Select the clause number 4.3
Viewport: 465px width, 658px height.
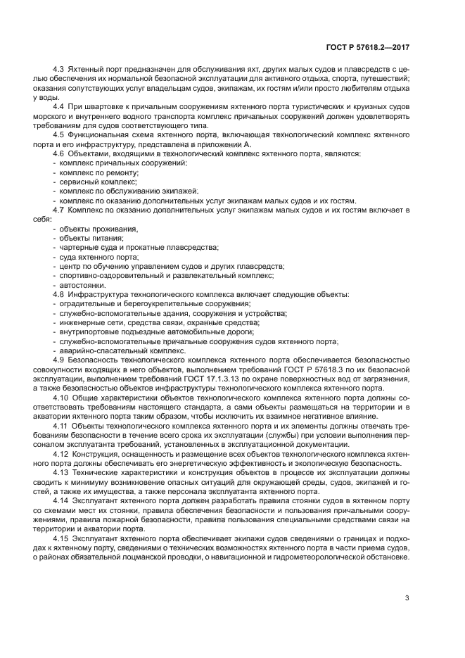pos(59,70)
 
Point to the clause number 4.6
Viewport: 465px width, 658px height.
pos(59,153)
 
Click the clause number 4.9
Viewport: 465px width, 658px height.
pos(59,360)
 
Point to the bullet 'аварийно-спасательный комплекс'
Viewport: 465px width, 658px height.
pos(112,350)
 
